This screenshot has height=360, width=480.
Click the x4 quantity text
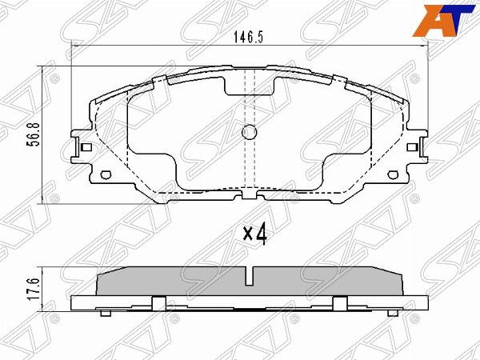(x=254, y=234)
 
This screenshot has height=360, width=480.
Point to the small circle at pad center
(x=249, y=134)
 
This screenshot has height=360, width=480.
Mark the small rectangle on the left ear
(x=85, y=147)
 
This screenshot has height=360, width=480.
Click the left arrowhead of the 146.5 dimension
(x=76, y=48)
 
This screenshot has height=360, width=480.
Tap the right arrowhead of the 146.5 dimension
(x=422, y=48)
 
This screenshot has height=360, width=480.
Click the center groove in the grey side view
(x=249, y=277)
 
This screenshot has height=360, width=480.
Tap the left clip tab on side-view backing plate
(x=158, y=302)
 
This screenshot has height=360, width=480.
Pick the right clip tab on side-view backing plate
(x=340, y=302)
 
